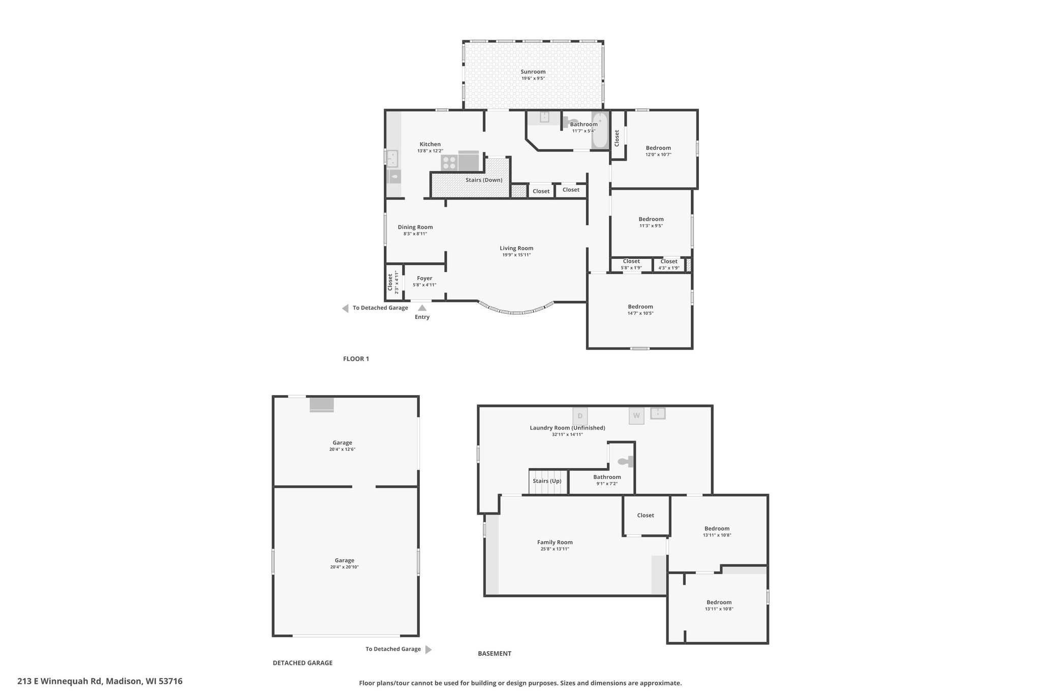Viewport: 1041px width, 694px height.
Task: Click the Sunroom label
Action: (533, 72)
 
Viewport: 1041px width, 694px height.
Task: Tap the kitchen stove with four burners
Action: (449, 162)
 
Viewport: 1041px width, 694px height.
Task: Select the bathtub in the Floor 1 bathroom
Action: (600, 130)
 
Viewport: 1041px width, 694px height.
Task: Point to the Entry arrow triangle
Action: (422, 308)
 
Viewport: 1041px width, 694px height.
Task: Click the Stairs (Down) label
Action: (484, 180)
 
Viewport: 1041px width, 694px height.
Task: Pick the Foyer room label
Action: (424, 278)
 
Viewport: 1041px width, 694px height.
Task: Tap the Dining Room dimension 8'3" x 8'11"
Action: (415, 234)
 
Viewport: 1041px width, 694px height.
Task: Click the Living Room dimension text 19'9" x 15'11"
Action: (516, 255)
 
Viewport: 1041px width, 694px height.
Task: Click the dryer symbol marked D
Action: (580, 416)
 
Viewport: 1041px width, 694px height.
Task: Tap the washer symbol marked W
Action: (636, 416)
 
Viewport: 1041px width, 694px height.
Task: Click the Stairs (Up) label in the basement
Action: (547, 481)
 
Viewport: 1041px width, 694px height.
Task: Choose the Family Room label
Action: (555, 542)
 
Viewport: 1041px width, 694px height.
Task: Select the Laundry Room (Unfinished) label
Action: (567, 428)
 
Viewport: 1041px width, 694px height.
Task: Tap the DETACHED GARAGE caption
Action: (302, 663)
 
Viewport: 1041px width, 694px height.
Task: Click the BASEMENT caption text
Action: (495, 654)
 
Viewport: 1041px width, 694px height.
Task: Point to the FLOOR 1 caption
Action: (356, 359)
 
